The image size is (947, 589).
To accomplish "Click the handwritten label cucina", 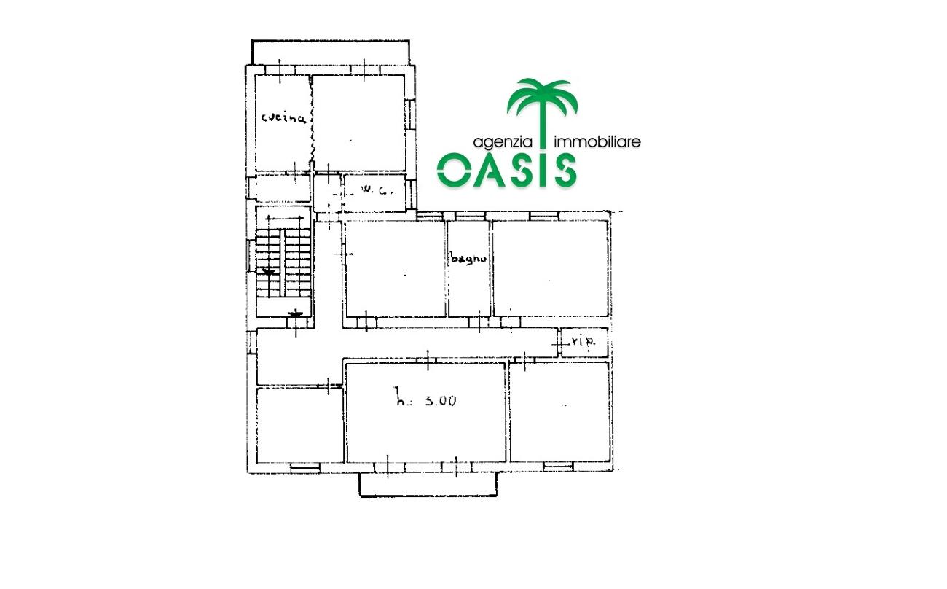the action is pyautogui.click(x=283, y=117).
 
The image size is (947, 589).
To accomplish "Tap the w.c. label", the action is pyautogui.click(x=376, y=190).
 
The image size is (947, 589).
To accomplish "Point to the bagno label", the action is pyautogui.click(x=468, y=258).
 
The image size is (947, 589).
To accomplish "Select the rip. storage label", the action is pyautogui.click(x=583, y=340).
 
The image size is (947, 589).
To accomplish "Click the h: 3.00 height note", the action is pyautogui.click(x=425, y=398).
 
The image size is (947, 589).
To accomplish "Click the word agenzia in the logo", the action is pyautogui.click(x=503, y=142).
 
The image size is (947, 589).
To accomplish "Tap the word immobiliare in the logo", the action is pyautogui.click(x=597, y=141).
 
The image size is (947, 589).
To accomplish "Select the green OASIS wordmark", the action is pyautogui.click(x=506, y=170).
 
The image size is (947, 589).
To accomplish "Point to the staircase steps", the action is pyautogui.click(x=283, y=262).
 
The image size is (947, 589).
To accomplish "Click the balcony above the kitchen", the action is pyautogui.click(x=330, y=52).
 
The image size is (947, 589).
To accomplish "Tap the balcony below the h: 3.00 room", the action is pyautogui.click(x=428, y=485).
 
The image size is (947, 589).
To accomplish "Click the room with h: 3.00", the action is pyautogui.click(x=425, y=412).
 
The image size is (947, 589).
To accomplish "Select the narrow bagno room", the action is pyautogui.click(x=469, y=268).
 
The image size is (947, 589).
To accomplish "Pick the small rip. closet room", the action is pyautogui.click(x=585, y=343).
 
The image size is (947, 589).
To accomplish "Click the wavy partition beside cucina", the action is pyautogui.click(x=312, y=122).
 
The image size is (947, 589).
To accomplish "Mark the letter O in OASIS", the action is pyautogui.click(x=454, y=170).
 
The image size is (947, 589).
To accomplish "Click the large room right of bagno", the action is pyautogui.click(x=551, y=268).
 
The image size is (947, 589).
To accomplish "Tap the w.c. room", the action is pyautogui.click(x=375, y=193).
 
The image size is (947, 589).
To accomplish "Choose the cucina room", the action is pyautogui.click(x=283, y=122).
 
